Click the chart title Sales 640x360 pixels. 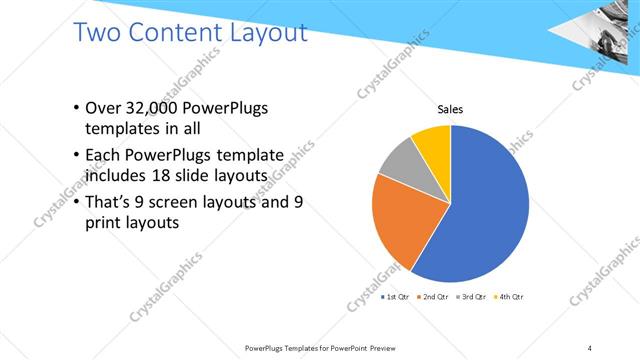click(x=450, y=109)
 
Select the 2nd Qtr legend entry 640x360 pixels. click(x=435, y=297)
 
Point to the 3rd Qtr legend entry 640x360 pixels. click(x=473, y=297)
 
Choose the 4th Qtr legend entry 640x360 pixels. click(x=509, y=297)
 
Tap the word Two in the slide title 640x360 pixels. click(x=101, y=33)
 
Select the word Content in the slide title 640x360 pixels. click(x=176, y=33)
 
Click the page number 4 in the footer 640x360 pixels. click(x=589, y=347)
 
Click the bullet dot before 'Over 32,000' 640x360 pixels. click(x=79, y=109)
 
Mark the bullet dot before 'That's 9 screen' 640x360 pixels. click(x=79, y=202)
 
